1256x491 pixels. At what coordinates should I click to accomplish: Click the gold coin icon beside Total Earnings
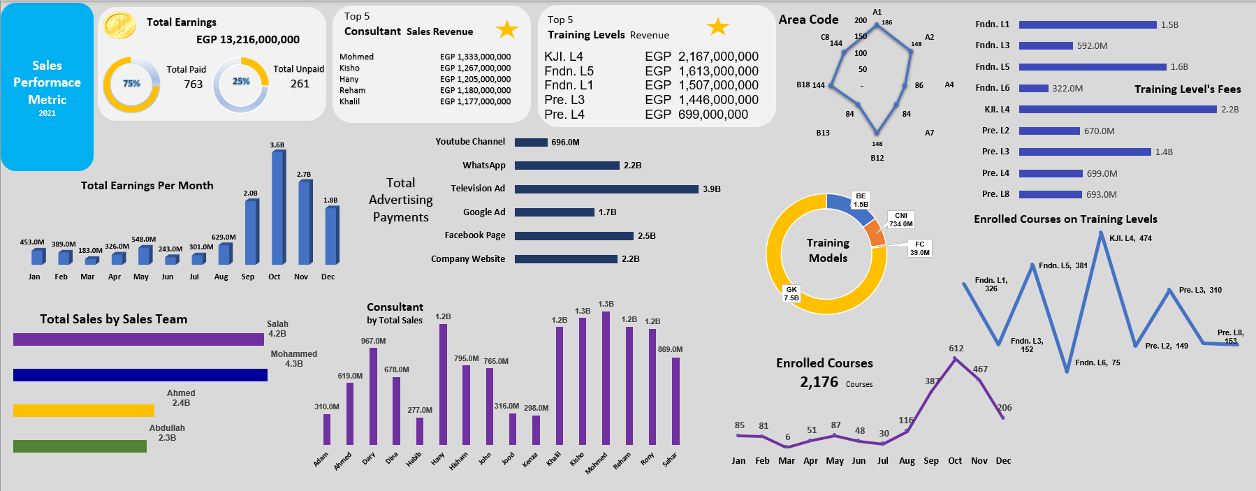[x=120, y=26]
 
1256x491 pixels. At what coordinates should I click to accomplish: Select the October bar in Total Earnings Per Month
[x=277, y=208]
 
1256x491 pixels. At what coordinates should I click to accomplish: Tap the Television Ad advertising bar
[x=606, y=189]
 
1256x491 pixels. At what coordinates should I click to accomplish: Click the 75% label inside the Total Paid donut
[x=131, y=83]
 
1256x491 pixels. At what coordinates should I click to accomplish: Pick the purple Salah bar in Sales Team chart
[x=138, y=339]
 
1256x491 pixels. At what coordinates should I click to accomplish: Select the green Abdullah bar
[x=80, y=446]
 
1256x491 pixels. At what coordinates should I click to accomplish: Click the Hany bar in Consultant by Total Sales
[x=443, y=384]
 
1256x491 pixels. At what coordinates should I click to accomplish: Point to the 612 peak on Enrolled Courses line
[x=955, y=358]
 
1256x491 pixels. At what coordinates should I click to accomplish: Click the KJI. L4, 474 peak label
[x=1130, y=238]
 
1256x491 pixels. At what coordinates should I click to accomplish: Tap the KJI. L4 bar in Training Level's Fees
[x=1117, y=110]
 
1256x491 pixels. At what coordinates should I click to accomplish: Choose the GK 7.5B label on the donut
[x=791, y=293]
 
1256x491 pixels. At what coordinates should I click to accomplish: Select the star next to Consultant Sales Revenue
[x=506, y=29]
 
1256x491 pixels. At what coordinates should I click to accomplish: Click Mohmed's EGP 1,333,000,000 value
[x=475, y=57]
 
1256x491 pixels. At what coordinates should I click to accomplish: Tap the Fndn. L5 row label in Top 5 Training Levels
[x=569, y=71]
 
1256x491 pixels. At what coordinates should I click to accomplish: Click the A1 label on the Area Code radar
[x=877, y=12]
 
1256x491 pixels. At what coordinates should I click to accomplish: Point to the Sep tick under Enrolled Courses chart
[x=930, y=461]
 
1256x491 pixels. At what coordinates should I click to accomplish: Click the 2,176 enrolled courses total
[x=819, y=382]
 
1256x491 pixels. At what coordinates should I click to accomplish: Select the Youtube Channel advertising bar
[x=531, y=142]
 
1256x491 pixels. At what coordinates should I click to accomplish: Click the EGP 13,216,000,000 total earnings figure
[x=247, y=40]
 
